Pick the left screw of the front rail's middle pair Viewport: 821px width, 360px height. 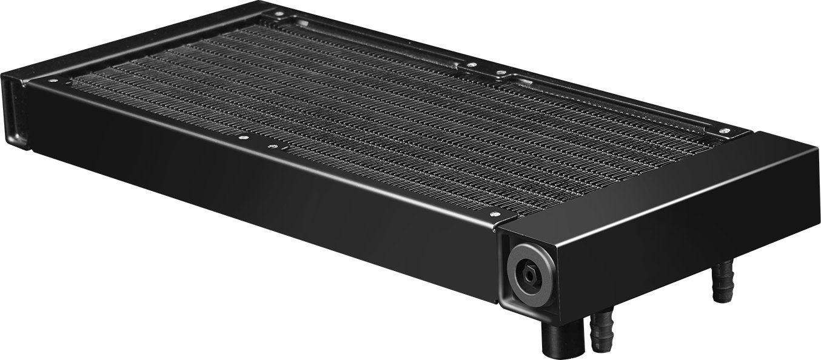(242, 138)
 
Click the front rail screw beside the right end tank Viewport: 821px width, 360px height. (494, 214)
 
